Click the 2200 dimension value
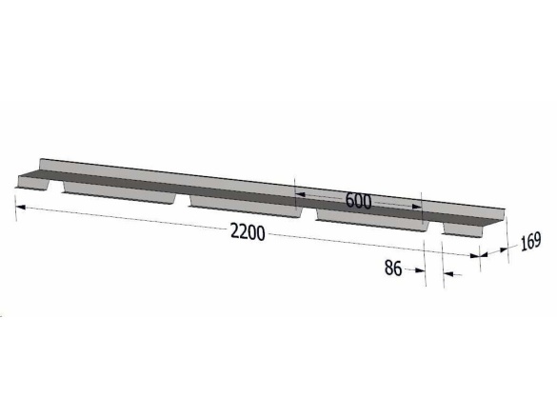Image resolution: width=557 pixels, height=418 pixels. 248,232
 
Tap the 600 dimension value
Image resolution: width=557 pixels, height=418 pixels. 358,201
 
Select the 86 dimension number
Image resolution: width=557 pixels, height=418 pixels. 393,268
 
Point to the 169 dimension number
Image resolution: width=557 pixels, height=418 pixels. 530,242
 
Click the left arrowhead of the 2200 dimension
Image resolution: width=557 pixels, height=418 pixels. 21,207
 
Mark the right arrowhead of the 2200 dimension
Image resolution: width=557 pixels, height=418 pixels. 474,255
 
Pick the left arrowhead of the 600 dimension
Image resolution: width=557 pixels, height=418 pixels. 301,194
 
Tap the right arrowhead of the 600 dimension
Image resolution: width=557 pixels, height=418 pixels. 416,207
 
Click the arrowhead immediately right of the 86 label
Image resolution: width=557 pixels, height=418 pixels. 420,270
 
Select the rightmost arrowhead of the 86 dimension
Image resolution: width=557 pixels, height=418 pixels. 448,274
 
